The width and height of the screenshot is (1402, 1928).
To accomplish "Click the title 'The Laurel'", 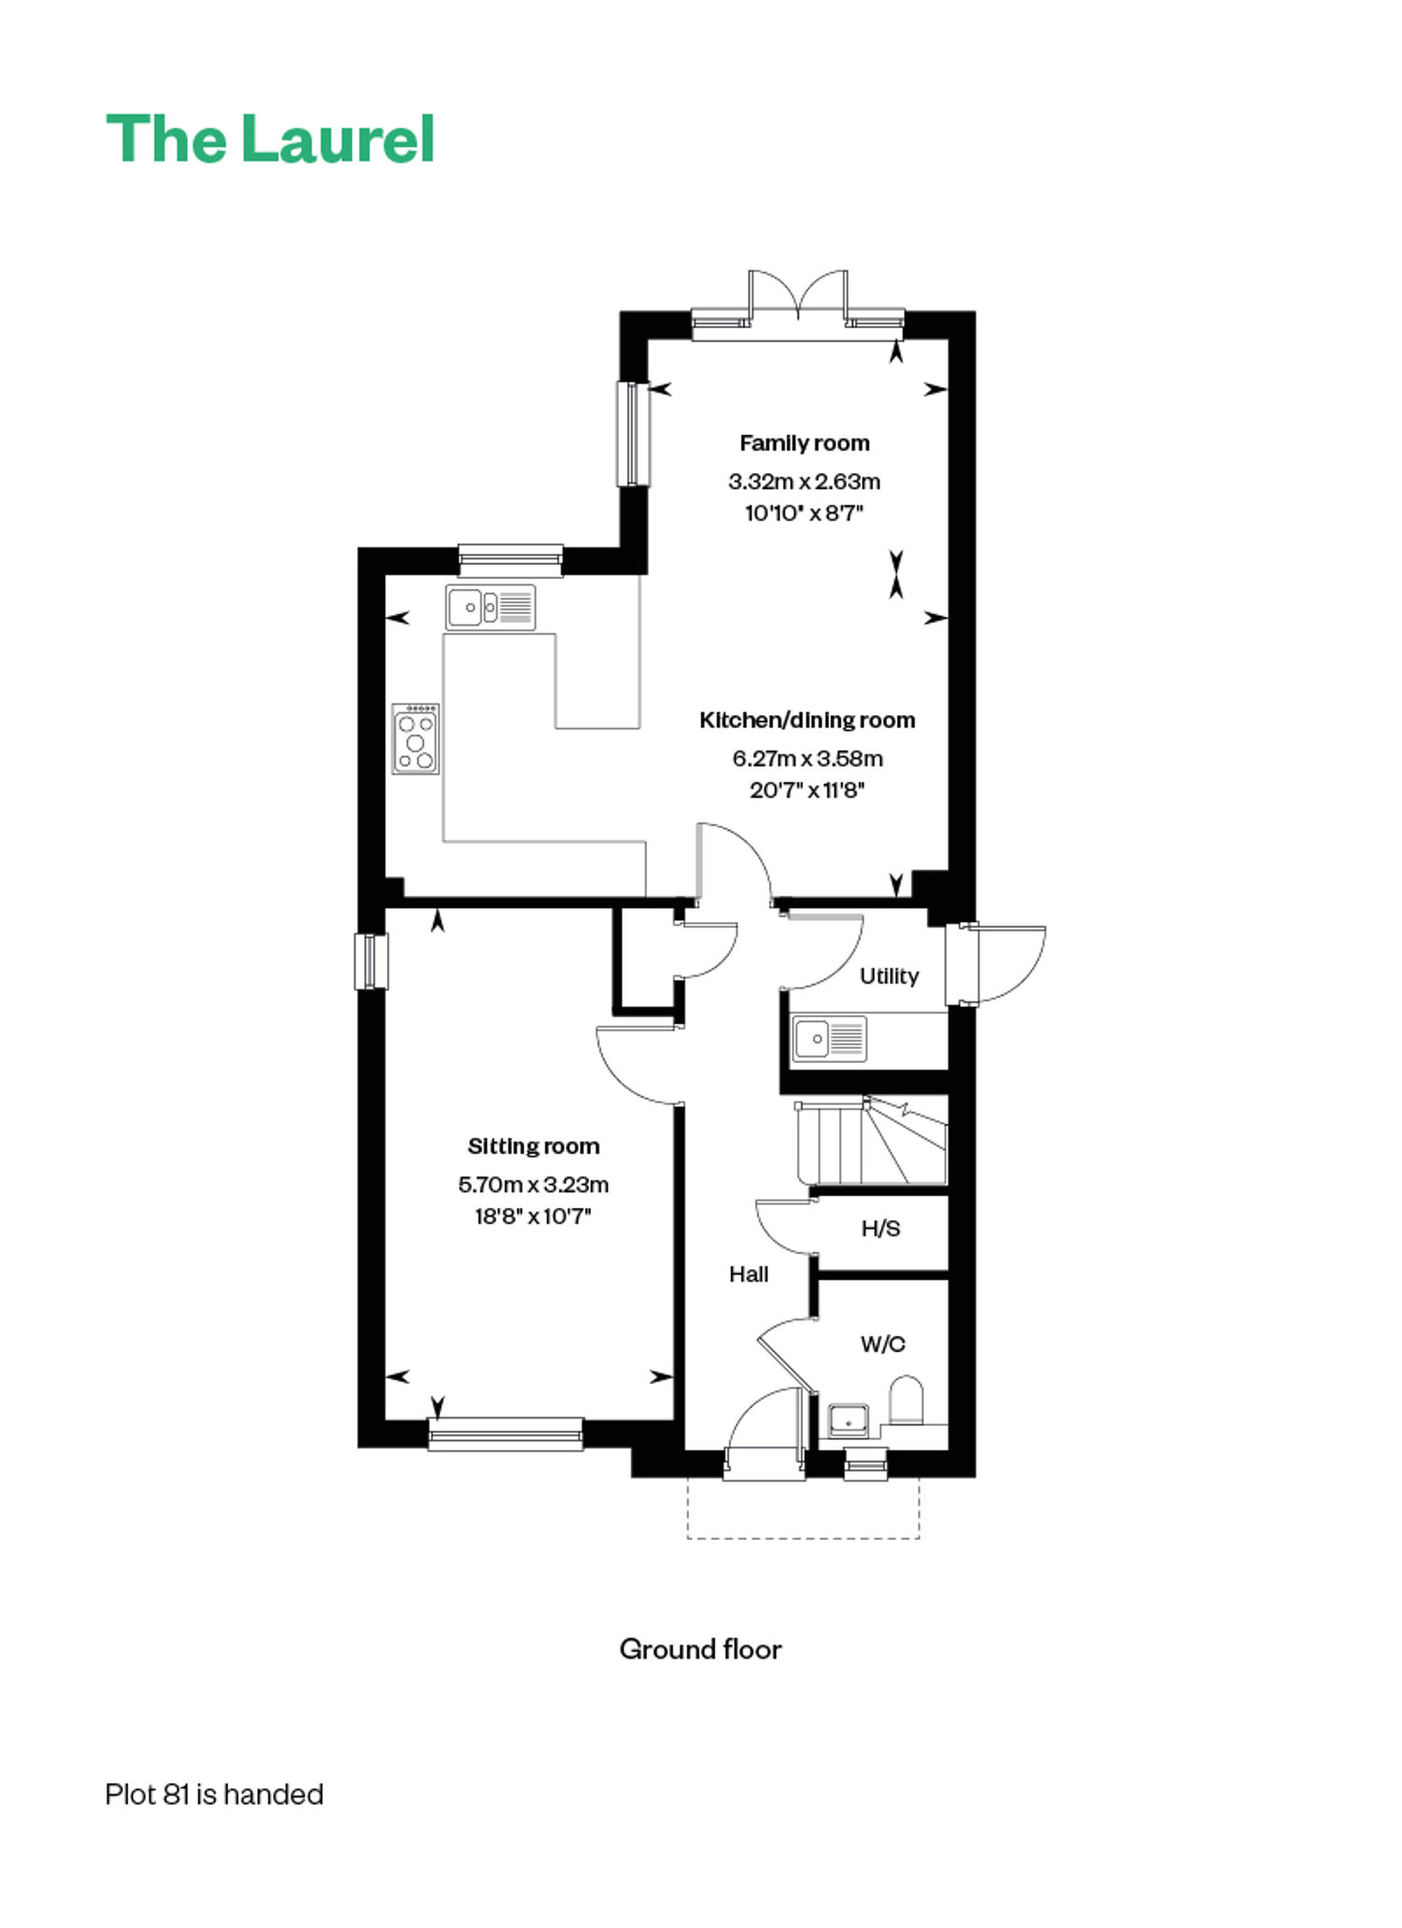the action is pos(270,139).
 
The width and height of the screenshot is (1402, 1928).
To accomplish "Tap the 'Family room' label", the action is pos(805,443).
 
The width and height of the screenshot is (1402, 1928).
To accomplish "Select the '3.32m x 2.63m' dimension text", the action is pos(805,482).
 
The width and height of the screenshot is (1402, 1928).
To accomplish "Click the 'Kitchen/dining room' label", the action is pos(808,720).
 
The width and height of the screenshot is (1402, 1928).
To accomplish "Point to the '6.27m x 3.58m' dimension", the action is pos(808,758).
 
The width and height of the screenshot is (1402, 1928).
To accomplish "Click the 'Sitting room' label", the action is pos(534,1146).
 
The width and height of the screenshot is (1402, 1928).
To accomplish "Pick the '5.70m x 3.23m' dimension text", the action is pos(534,1185).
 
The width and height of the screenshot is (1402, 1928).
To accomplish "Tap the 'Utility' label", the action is pos(889,976).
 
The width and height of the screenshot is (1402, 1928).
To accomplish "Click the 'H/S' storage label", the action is pos(880,1229).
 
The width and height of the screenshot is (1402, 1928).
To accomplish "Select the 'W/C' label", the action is pos(882,1345).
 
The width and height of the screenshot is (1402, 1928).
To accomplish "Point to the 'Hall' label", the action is pos(749,1274).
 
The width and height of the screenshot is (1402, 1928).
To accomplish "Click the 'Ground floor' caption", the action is pos(700,1649).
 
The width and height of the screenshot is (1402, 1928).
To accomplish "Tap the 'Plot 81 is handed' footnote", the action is pos(214,1794).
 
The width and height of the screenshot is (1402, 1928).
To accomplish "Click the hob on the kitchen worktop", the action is pos(416,739).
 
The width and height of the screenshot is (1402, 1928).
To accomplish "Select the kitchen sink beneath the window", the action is pos(491,608).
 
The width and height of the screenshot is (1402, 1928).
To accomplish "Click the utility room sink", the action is pos(830,1039).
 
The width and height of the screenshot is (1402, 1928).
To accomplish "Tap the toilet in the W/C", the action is pos(906,1401).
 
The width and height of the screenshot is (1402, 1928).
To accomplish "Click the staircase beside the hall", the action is pos(872,1142).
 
